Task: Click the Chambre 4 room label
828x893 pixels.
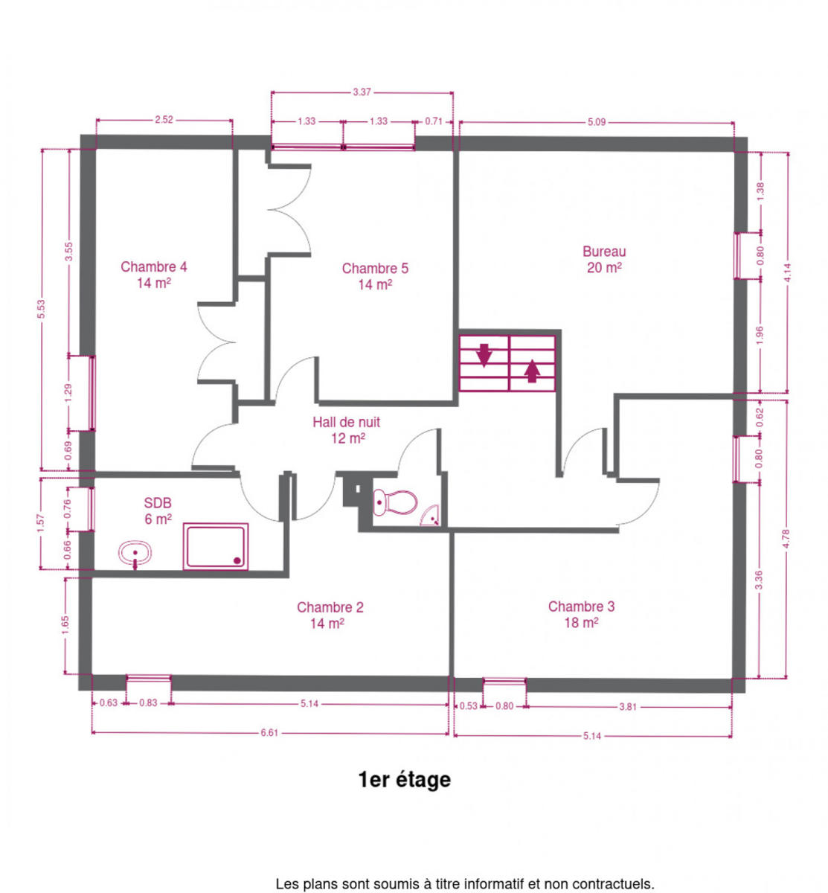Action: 154,275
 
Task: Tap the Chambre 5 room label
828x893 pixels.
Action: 375,276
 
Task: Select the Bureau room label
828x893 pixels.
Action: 603,259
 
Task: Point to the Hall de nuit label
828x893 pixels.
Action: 346,429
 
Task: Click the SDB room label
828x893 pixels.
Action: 158,510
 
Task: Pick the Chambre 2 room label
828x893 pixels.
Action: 330,615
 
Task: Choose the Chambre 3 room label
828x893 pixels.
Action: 581,614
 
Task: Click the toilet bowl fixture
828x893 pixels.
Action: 395,502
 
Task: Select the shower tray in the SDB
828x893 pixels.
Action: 216,546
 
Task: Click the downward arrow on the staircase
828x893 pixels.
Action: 484,355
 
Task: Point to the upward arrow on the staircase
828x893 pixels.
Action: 532,371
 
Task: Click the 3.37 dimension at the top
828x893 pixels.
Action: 362,92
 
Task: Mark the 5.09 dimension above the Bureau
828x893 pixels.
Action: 597,122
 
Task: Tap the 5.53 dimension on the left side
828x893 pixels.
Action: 41,309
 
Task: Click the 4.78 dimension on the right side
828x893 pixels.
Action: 786,539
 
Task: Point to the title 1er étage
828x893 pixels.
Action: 404,780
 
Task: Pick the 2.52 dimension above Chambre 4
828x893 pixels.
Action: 164,120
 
